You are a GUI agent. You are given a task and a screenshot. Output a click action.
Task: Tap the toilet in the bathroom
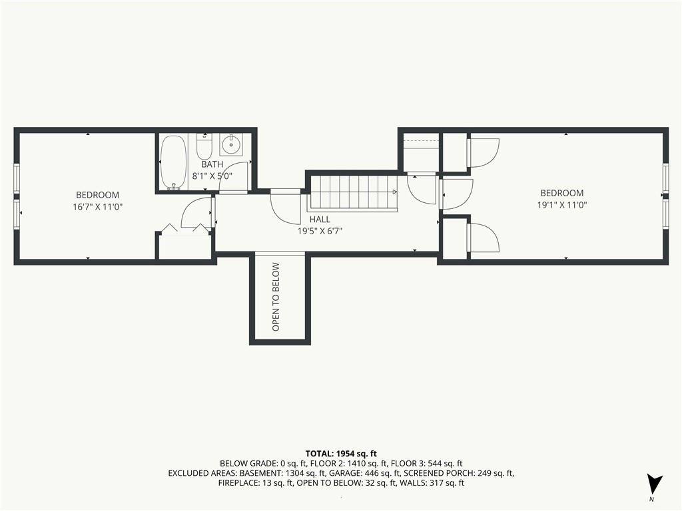[x=204, y=146]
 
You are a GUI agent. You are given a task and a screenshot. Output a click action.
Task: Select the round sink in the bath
[x=232, y=144]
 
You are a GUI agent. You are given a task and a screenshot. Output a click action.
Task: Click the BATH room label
[x=212, y=164]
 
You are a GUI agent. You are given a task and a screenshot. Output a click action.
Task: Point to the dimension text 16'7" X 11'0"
[x=98, y=207]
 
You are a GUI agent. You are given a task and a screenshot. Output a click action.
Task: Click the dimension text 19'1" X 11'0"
[x=562, y=205]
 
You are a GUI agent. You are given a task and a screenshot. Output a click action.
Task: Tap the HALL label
[x=320, y=220]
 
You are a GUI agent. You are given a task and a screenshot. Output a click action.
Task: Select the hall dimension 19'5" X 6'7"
[x=320, y=231]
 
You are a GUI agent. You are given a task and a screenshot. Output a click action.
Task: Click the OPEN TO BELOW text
[x=276, y=297]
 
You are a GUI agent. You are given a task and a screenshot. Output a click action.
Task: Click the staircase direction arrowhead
[x=395, y=192]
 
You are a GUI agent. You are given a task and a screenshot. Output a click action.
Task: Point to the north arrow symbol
[x=654, y=483]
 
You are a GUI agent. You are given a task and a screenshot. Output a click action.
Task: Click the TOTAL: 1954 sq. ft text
[x=341, y=454]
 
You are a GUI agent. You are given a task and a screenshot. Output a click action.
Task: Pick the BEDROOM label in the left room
[x=97, y=195]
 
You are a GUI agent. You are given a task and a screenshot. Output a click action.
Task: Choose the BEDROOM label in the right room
[x=562, y=193]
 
